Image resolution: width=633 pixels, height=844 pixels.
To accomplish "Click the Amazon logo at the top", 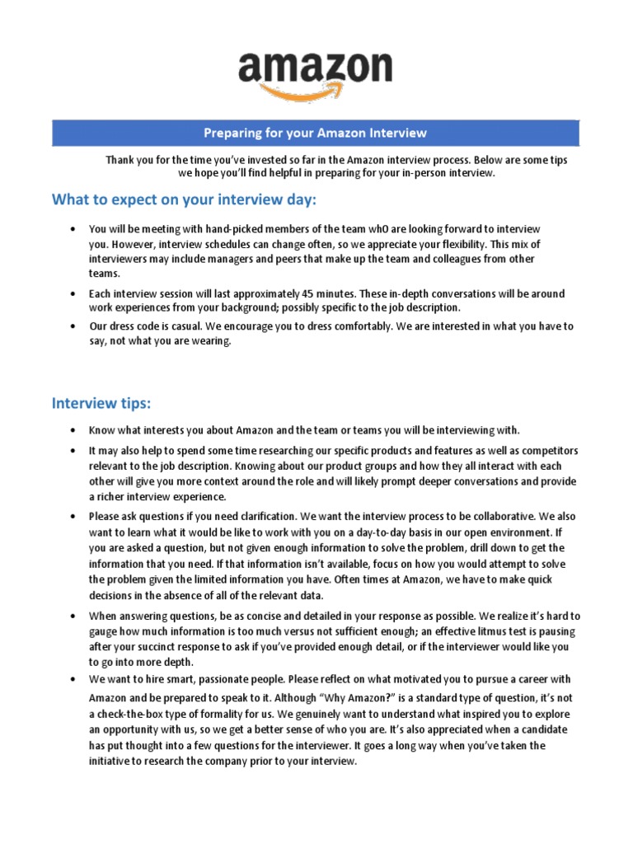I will click(x=316, y=69).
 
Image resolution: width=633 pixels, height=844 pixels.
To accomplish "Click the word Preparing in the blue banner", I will click(x=233, y=133).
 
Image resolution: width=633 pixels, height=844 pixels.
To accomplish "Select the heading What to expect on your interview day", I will click(x=184, y=200).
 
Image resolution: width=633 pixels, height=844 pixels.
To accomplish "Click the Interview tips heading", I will click(x=101, y=403).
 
